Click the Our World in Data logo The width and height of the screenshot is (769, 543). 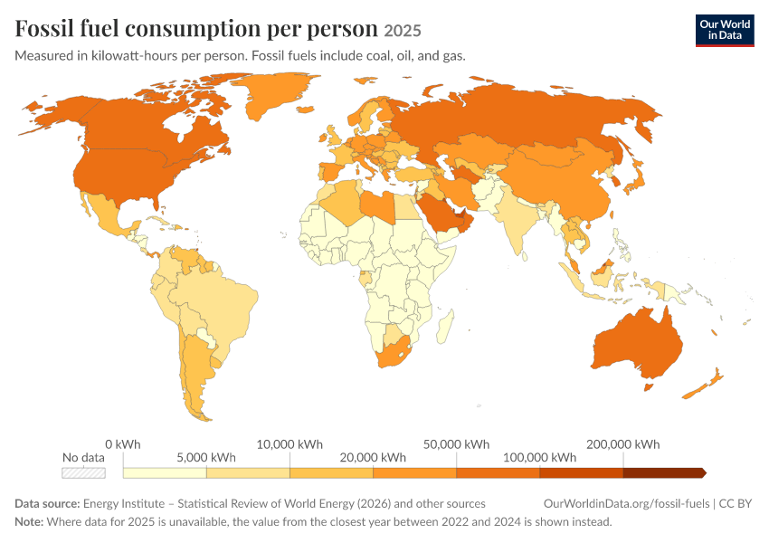725,31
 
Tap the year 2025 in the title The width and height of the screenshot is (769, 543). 403,31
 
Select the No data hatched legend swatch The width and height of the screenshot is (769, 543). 83,472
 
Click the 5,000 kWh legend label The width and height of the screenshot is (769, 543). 206,458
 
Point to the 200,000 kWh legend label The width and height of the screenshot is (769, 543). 622,444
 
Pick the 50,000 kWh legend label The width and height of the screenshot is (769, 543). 456,444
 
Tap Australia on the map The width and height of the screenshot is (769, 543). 638,346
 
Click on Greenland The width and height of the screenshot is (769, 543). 275,93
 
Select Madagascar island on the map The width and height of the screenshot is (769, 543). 445,326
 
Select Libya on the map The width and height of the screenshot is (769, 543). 378,205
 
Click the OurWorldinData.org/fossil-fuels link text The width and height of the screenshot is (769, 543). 626,504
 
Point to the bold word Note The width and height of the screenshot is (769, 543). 29,521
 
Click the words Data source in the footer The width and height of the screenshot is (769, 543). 47,504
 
